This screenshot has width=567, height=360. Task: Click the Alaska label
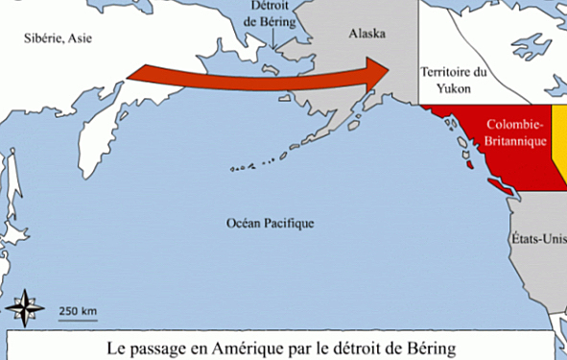pyautogui.click(x=366, y=34)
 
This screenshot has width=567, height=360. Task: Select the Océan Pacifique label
pyautogui.click(x=270, y=223)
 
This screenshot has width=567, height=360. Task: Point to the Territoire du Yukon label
pyautogui.click(x=455, y=78)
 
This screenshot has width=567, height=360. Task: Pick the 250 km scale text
pyautogui.click(x=78, y=310)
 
